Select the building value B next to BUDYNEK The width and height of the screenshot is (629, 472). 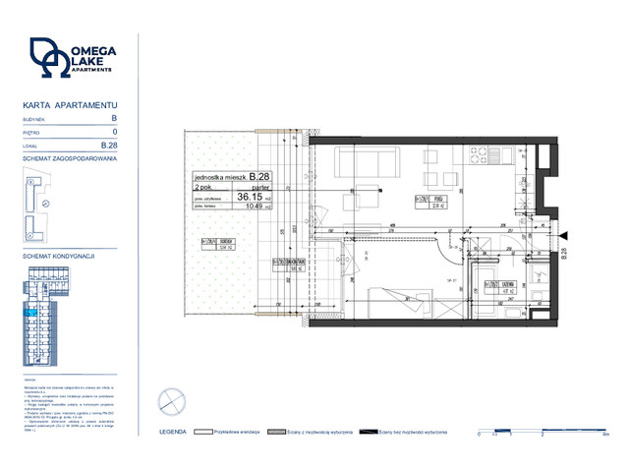(114, 117)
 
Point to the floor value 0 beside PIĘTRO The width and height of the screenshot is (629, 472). (115, 131)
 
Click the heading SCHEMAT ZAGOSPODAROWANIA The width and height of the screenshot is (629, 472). (70, 157)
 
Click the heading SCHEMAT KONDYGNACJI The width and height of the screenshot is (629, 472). (58, 255)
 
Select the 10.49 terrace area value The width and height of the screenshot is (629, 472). (254, 206)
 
